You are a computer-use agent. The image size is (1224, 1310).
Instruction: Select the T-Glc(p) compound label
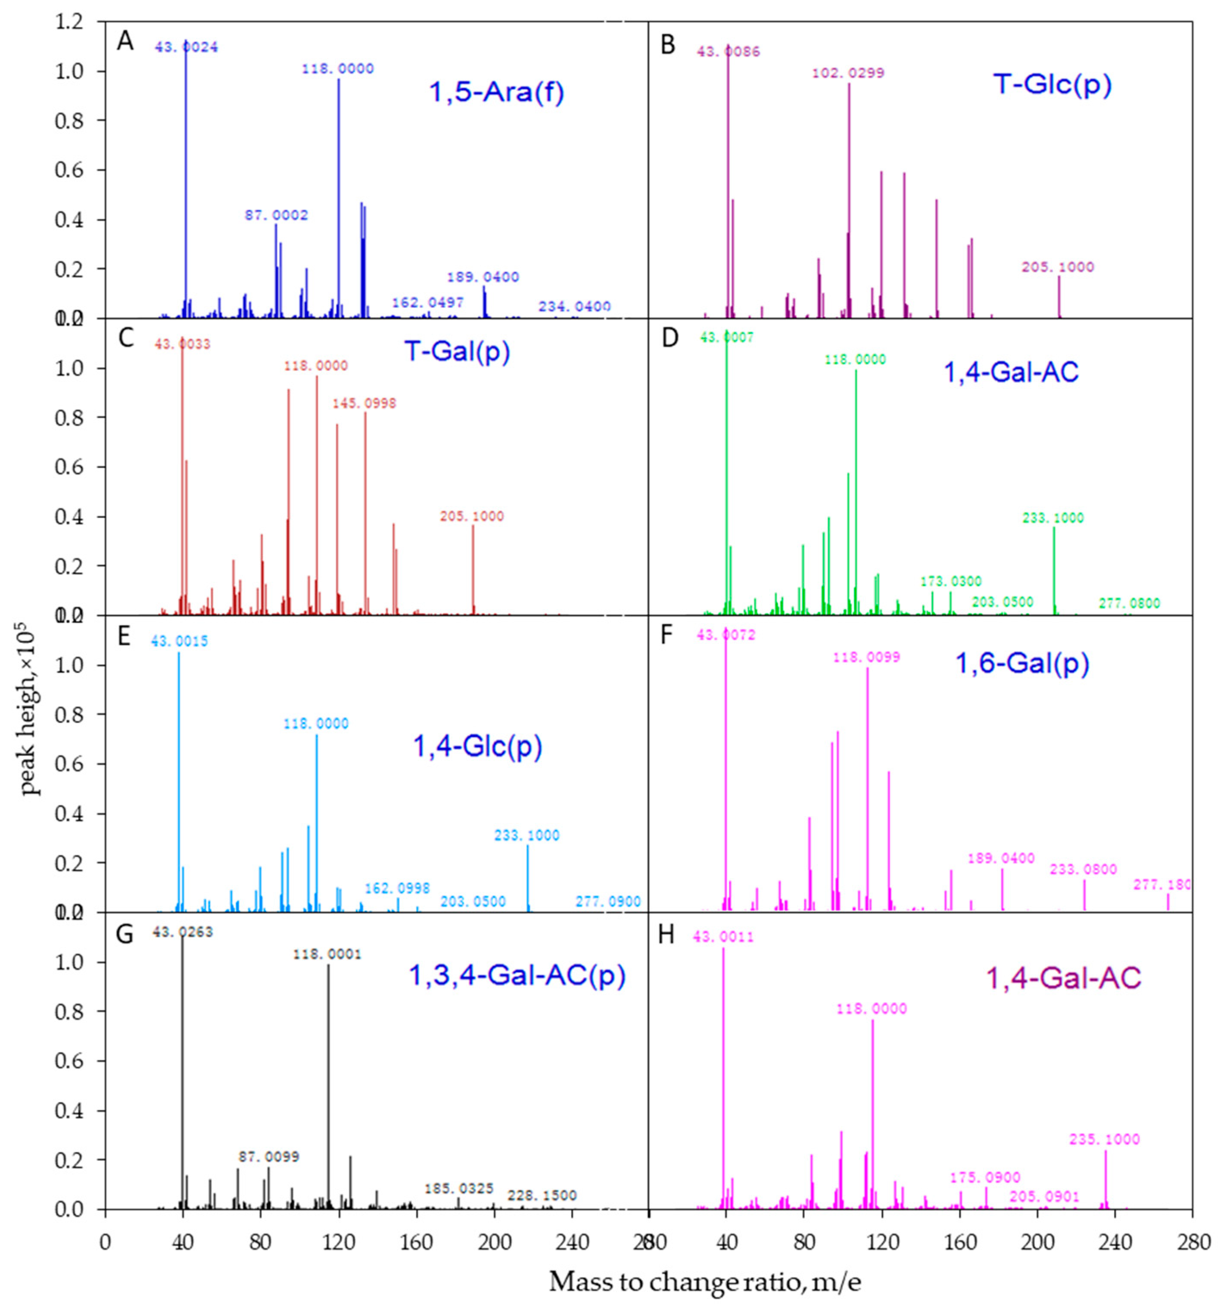[1052, 85]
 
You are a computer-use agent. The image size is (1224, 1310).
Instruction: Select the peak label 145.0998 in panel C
[364, 403]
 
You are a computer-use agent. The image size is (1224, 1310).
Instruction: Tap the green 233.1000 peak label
[1053, 518]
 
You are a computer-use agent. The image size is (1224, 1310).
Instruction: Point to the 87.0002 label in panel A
[276, 215]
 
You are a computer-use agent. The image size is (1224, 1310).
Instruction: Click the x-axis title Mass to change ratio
[704, 1282]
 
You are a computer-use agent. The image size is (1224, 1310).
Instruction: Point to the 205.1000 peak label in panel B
[1057, 267]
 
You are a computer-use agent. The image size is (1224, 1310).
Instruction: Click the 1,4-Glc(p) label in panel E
[477, 747]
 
